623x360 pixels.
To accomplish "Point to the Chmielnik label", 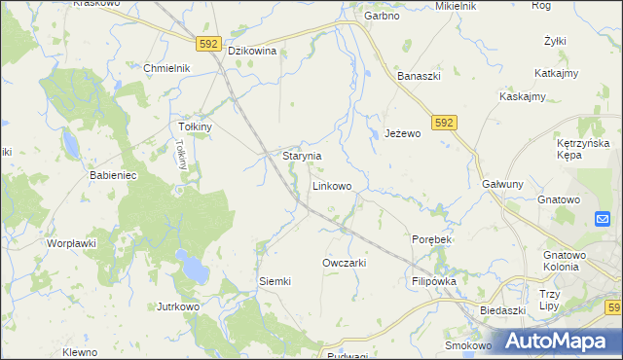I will [165, 68].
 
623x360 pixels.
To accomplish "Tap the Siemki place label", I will [275, 281].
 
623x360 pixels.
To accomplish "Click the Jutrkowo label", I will [178, 306].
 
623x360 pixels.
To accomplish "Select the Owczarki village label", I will [344, 264].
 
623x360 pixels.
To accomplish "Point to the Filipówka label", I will [434, 281].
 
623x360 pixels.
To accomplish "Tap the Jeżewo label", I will [402, 133].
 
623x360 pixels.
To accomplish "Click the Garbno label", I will [383, 17].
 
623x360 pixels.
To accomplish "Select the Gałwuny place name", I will [502, 184].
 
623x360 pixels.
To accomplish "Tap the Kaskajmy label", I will [523, 96].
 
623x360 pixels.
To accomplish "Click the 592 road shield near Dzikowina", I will [207, 44].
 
